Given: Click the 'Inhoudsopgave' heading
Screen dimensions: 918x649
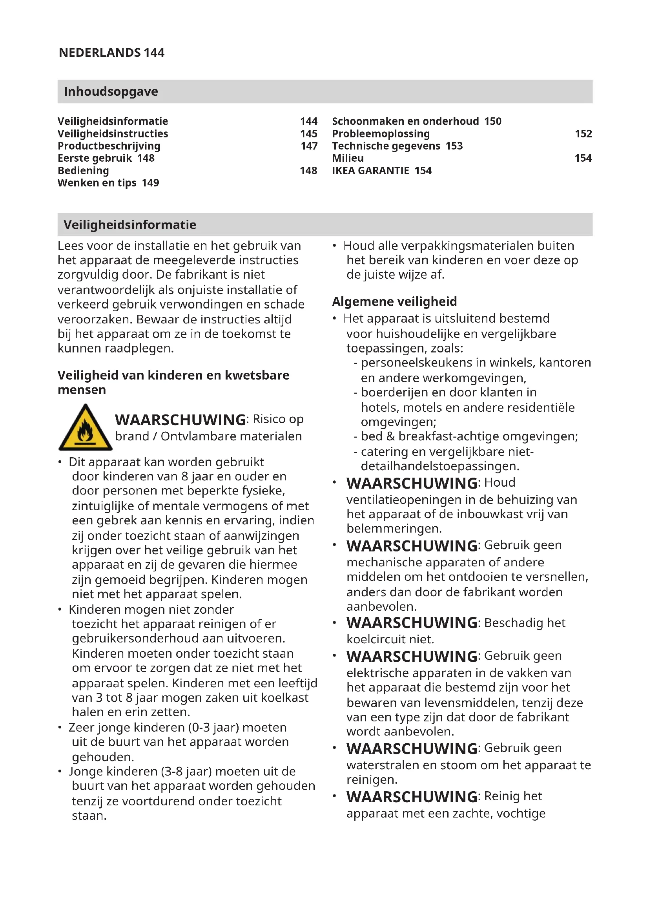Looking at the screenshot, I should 111,91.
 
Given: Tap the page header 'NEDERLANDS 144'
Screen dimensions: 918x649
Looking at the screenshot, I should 111,53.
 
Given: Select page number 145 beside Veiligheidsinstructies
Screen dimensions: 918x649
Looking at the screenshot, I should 308,133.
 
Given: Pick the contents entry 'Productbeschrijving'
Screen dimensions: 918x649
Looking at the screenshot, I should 109,146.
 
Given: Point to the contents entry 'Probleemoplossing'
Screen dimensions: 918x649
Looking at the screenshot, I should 381,133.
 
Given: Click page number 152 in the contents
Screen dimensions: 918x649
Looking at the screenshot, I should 583,133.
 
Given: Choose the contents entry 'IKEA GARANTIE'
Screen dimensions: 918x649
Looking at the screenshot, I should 370,171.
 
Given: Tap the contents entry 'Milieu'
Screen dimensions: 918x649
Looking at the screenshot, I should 348,158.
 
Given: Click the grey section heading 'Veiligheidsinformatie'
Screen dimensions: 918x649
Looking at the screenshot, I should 130,225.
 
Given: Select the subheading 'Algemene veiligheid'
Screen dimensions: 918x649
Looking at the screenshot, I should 394,301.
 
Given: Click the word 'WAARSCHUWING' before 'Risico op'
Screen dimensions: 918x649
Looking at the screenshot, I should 180,420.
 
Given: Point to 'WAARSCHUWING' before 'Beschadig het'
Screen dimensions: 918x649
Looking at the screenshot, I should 412,623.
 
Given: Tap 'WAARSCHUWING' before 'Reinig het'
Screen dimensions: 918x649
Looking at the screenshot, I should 412,797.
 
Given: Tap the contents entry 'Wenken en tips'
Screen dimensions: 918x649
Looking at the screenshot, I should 97,183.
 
